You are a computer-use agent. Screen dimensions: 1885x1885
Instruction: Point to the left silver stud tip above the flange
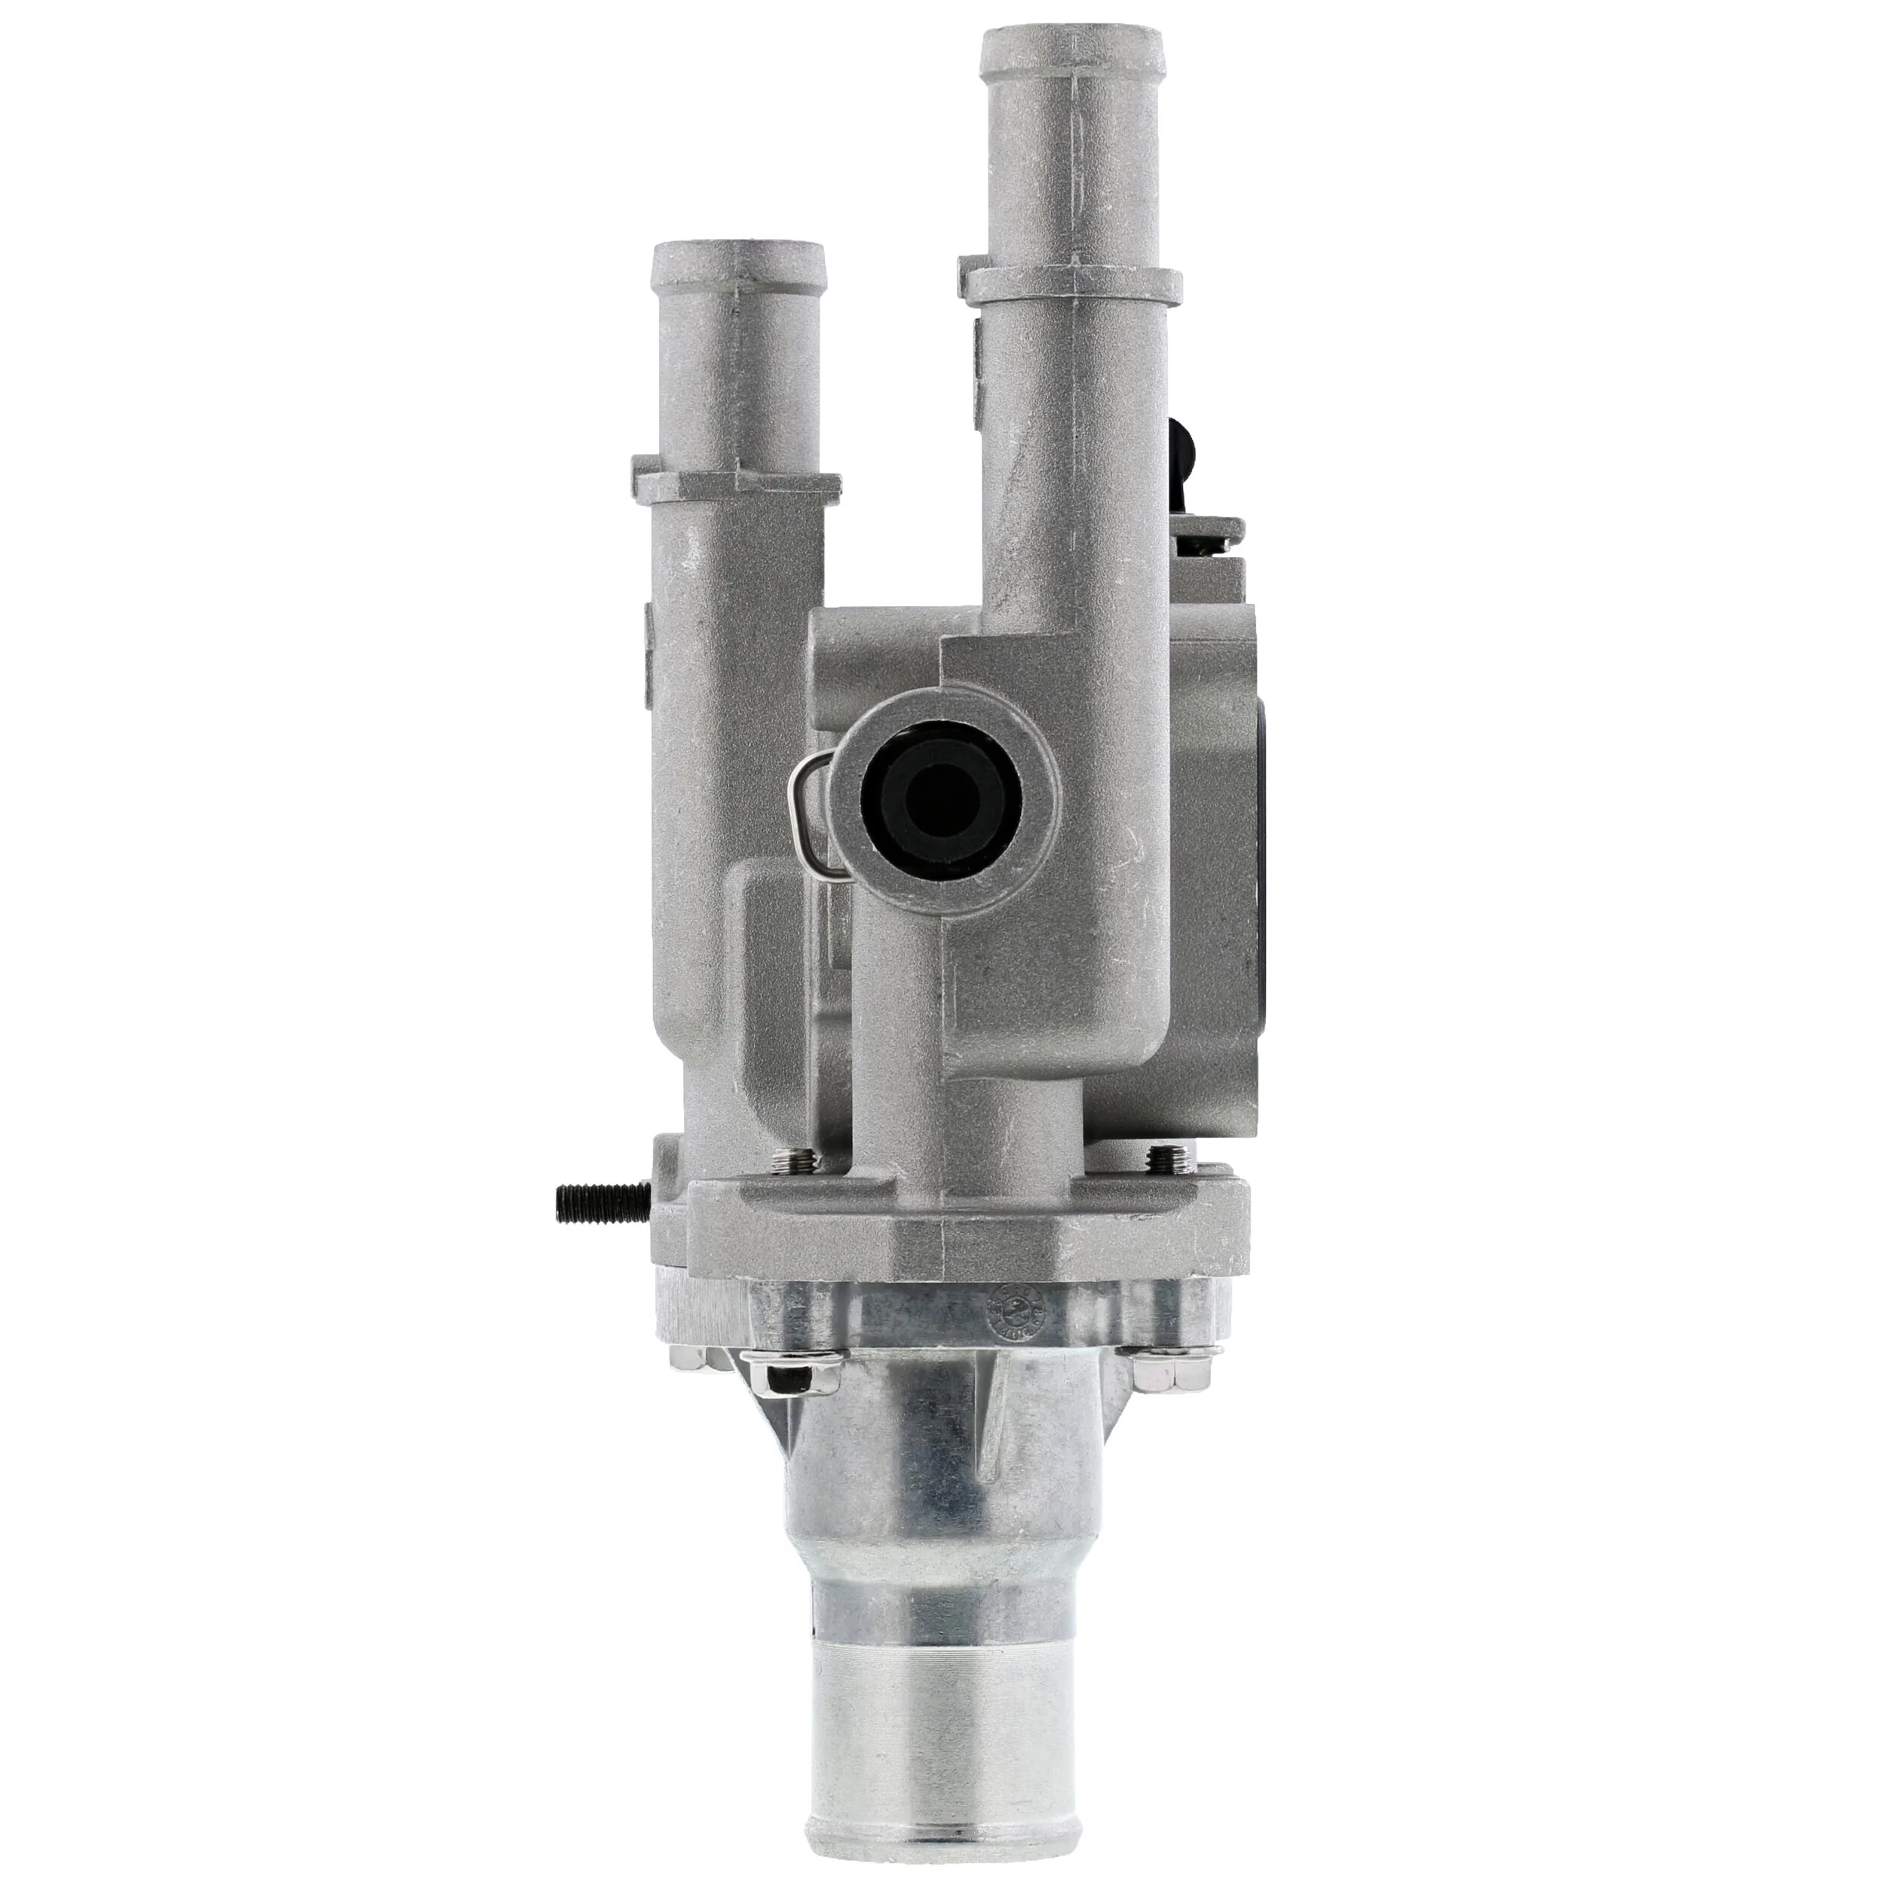click(783, 1160)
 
